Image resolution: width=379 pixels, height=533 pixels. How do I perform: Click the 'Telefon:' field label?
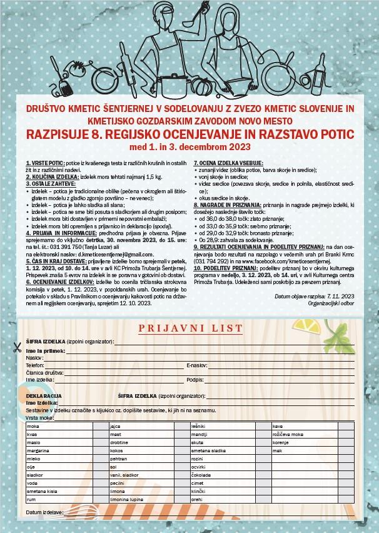click(36, 365)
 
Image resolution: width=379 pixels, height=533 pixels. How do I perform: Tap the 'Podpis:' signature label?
click(195, 380)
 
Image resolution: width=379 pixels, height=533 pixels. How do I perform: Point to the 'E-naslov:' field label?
click(197, 365)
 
